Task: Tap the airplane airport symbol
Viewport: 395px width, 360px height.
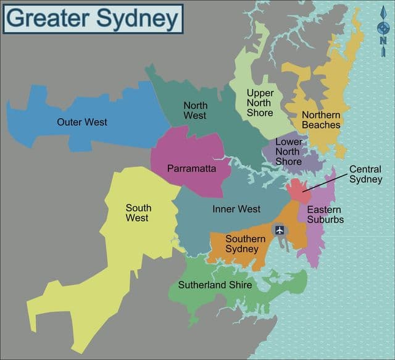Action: point(280,230)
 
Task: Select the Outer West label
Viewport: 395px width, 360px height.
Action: point(82,122)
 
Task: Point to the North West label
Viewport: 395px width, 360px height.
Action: point(195,111)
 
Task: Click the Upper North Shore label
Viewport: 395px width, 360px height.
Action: point(260,103)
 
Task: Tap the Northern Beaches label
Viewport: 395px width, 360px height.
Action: point(320,120)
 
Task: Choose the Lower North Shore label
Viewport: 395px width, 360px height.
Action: point(288,152)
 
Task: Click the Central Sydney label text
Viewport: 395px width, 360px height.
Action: point(365,174)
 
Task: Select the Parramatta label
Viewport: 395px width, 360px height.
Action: point(191,168)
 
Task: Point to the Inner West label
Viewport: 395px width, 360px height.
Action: point(236,209)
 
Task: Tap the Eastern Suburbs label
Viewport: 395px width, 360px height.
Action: point(325,215)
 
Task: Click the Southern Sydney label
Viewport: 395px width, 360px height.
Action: point(245,244)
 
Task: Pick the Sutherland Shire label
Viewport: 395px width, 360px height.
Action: point(216,285)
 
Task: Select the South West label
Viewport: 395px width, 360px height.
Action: point(137,213)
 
